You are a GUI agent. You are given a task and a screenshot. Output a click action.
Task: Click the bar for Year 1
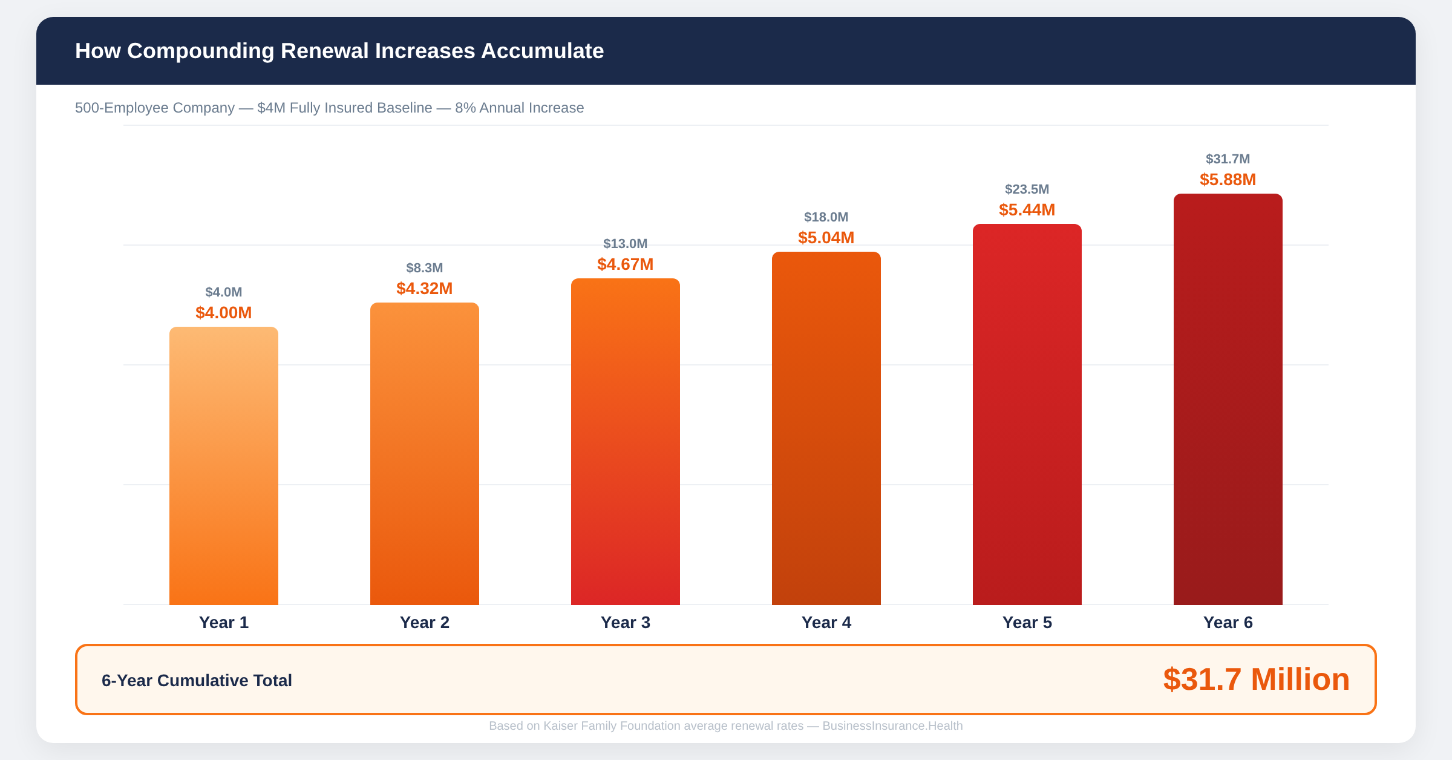click(224, 466)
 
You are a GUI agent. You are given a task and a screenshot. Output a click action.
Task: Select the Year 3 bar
click(626, 442)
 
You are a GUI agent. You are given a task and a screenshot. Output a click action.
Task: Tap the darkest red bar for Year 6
click(1228, 399)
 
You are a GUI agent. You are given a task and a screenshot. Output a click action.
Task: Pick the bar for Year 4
click(826, 428)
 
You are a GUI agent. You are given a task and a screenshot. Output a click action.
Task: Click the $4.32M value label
click(425, 289)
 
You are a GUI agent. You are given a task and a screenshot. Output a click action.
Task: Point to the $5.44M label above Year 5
click(1027, 210)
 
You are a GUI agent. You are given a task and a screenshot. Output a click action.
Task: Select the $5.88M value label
click(1228, 180)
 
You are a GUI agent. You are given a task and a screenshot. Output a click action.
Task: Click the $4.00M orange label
click(224, 313)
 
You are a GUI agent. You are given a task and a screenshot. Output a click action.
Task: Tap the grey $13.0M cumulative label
click(625, 244)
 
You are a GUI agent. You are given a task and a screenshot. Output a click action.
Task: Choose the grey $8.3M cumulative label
click(425, 268)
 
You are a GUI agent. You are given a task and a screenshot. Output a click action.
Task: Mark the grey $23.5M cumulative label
click(1027, 189)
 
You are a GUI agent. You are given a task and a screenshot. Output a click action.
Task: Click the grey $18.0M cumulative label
click(826, 217)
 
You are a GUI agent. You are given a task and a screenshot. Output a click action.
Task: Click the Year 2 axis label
click(425, 623)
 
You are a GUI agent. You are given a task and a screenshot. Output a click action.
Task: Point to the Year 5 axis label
click(1027, 623)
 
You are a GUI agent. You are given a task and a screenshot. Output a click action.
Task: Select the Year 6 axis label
click(1228, 623)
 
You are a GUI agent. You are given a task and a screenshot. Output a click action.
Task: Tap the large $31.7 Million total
click(1256, 680)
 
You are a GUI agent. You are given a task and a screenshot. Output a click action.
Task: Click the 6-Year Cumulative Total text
click(197, 681)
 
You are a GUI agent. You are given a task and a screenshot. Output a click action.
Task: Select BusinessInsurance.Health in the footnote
click(892, 726)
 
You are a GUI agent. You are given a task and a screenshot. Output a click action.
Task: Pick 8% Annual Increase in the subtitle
click(519, 108)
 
